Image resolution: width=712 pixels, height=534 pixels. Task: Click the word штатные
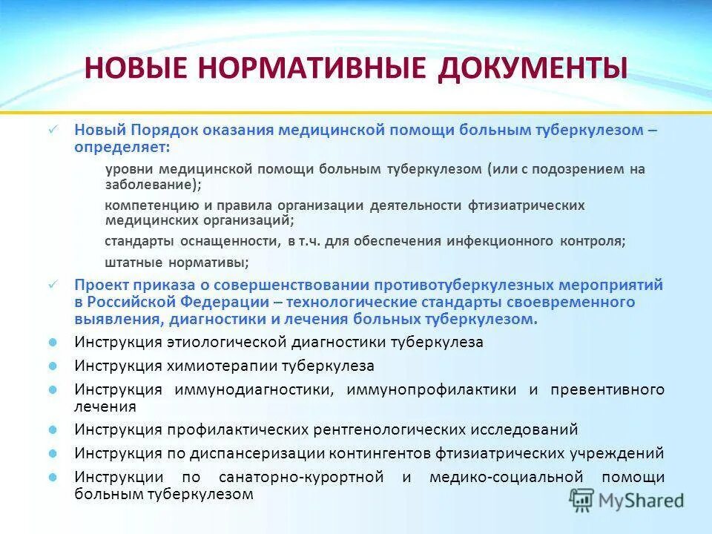(129, 262)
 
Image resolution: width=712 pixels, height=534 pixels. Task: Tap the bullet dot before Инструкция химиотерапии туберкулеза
(53, 366)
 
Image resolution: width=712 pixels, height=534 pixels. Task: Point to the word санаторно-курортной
(301, 478)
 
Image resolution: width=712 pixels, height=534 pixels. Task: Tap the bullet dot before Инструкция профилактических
(53, 429)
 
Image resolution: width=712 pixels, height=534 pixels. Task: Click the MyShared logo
(627, 500)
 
